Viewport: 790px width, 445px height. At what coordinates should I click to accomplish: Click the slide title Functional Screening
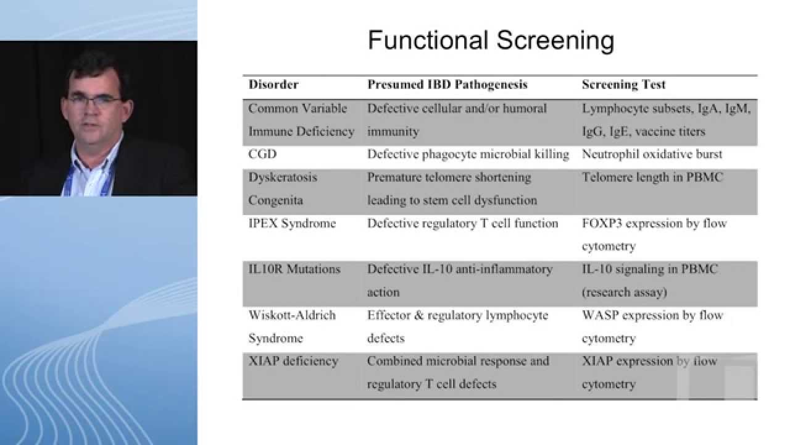pos(491,41)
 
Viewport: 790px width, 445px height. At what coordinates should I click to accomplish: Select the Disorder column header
pos(273,85)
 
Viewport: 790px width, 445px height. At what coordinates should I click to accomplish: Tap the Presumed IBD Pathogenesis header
pos(447,85)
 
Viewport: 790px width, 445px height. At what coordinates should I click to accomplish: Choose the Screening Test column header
pos(623,85)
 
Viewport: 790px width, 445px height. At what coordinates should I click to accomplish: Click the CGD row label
pos(262,154)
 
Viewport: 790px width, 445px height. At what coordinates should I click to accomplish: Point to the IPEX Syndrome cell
pos(292,223)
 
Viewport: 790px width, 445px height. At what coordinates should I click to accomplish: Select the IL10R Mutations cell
pos(294,269)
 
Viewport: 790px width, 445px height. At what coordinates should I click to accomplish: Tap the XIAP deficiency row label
pos(293,361)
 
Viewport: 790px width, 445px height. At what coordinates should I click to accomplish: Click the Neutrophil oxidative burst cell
pos(652,154)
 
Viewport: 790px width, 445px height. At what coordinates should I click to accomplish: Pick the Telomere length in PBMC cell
pos(652,177)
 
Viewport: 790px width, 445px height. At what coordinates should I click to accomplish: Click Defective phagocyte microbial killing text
pos(468,154)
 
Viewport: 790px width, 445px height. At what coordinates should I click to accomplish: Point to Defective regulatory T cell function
pos(462,223)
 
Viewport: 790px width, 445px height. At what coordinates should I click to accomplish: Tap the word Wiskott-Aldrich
pos(292,315)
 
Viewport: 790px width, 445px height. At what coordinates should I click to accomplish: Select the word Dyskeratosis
pos(283,177)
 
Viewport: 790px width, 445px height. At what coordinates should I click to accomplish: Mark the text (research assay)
pos(624,292)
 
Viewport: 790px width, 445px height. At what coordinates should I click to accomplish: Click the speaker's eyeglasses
pos(94,100)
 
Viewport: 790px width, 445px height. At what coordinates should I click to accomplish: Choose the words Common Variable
pos(297,108)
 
